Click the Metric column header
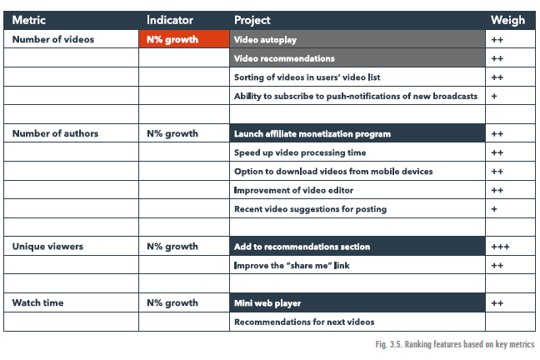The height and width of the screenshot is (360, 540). [x=30, y=20]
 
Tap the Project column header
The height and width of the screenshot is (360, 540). [x=252, y=20]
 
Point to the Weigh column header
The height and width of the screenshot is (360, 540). [x=507, y=20]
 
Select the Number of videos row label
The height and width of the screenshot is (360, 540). [x=52, y=39]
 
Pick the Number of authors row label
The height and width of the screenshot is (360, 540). [x=54, y=133]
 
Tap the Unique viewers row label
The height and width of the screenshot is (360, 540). [x=47, y=247]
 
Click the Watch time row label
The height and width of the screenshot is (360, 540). [x=37, y=302]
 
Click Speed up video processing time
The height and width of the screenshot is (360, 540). [x=300, y=152]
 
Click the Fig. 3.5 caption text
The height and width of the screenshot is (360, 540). [x=453, y=344]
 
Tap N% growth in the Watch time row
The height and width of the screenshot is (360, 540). [x=172, y=302]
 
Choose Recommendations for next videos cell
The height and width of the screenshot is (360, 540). [x=304, y=322]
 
